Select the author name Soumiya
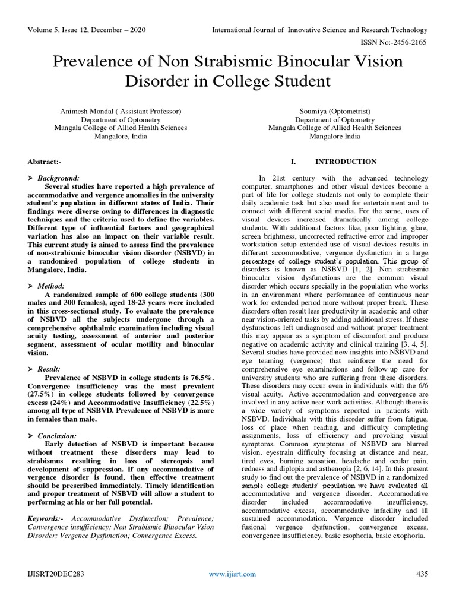click(x=315, y=111)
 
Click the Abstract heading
click(x=45, y=161)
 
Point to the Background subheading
click(x=58, y=178)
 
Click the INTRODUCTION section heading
click(x=346, y=161)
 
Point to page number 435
click(x=422, y=574)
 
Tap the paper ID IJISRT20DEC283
click(x=53, y=574)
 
